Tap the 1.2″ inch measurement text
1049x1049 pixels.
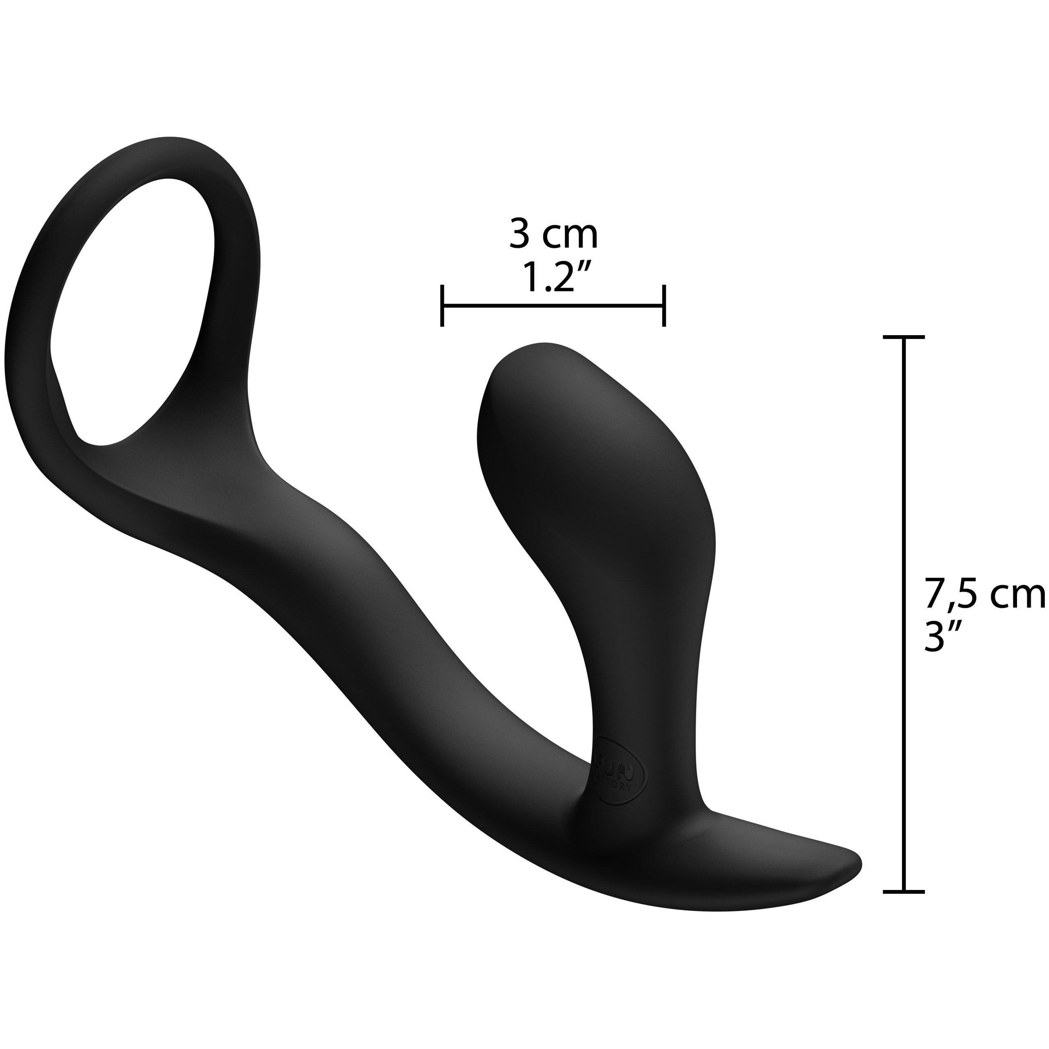554,278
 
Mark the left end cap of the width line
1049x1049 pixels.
443,306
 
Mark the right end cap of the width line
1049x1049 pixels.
663,306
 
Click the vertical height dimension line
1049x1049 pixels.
904,613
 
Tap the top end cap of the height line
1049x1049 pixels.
904,338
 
